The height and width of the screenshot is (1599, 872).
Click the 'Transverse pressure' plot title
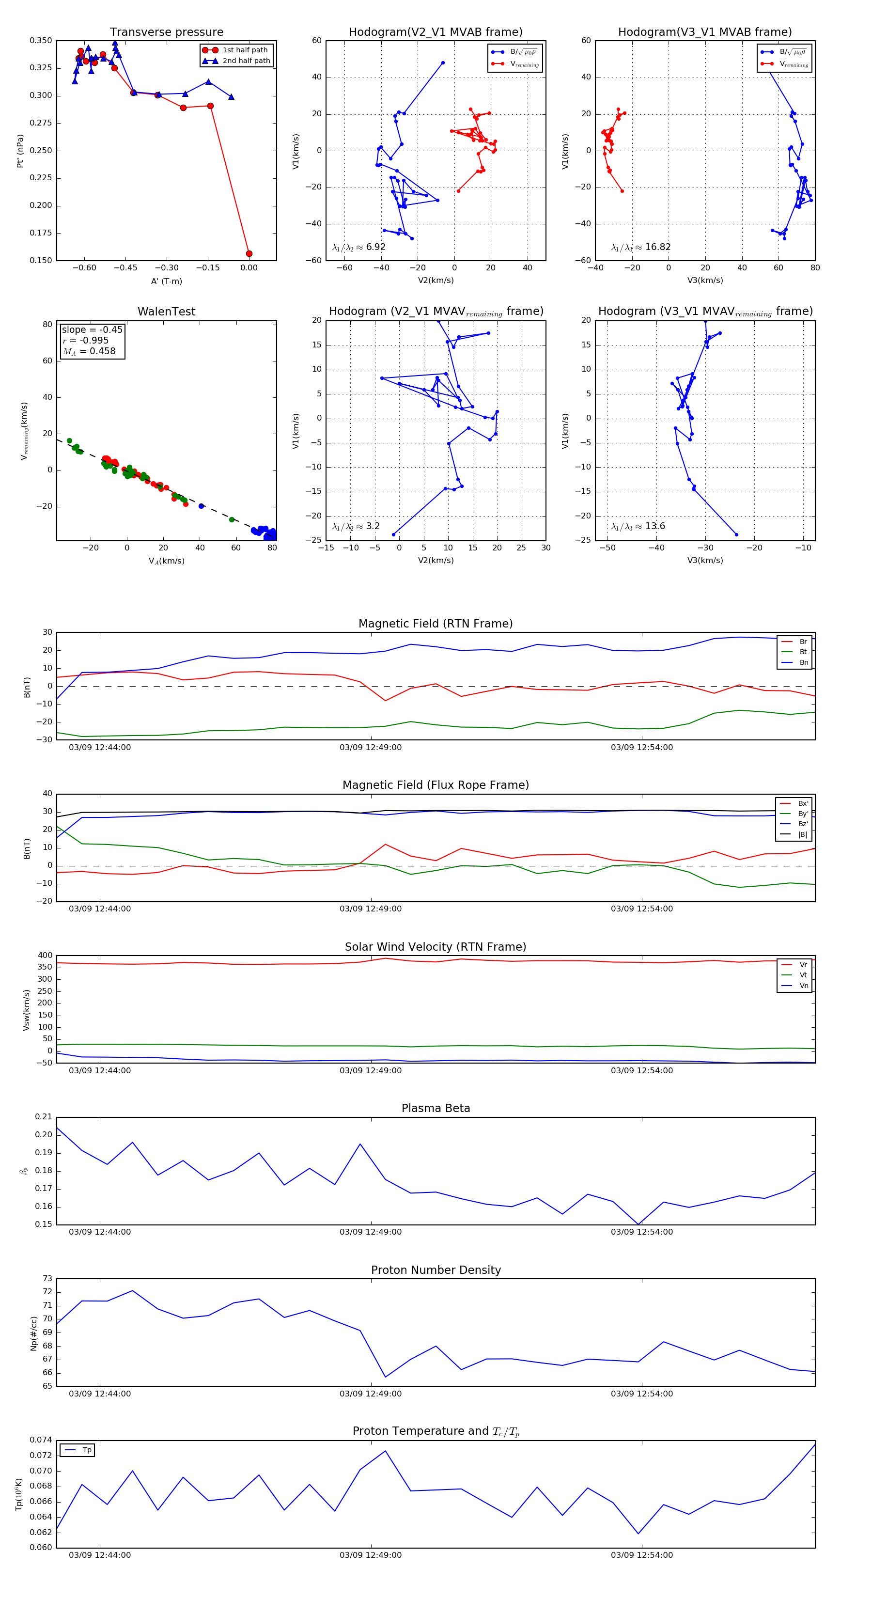166,32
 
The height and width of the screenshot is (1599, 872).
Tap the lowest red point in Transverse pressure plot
249,253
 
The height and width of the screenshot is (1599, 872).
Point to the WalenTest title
166,312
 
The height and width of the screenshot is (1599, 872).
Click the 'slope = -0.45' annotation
92,329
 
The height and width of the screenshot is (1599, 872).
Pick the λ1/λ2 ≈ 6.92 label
358,247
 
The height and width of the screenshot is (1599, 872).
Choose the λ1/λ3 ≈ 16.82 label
640,247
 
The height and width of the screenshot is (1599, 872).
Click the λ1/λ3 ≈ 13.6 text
638,526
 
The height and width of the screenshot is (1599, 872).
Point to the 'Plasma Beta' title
436,1108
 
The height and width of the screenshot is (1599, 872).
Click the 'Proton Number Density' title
436,1270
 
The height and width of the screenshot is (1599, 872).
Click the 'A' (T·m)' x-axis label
166,281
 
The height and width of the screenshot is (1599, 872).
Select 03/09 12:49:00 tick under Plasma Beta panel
371,1232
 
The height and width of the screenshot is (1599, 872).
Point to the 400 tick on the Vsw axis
46,956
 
